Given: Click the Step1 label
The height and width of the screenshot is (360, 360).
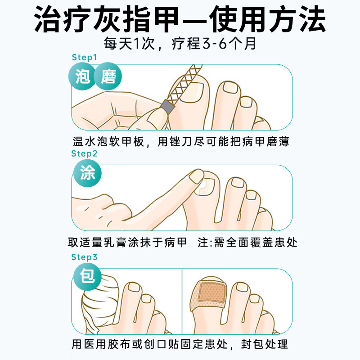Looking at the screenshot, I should click(x=84, y=58).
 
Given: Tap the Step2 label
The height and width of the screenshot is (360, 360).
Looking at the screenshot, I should click(x=84, y=154).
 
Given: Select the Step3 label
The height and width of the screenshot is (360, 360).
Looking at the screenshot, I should click(x=84, y=257).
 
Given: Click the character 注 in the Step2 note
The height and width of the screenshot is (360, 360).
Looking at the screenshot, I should click(x=203, y=243).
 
